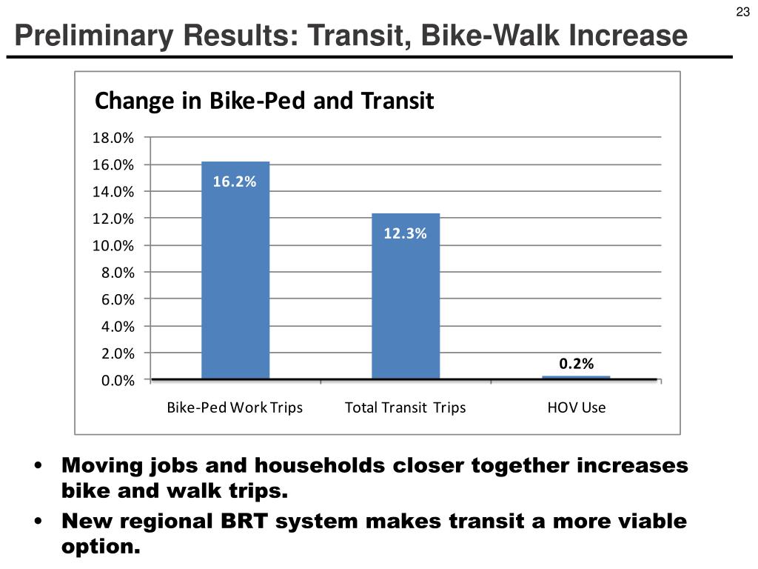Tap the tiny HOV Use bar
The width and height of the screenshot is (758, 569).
point(576,377)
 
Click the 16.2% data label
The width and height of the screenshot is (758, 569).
point(235,182)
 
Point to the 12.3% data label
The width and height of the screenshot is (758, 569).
point(405,233)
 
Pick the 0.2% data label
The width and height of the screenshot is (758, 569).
point(576,363)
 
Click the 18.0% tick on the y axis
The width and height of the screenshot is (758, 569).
point(113,138)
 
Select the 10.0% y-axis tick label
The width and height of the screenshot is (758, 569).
point(113,245)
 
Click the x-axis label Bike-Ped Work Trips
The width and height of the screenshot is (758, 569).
point(235,407)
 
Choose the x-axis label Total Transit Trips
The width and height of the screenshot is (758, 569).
point(406,407)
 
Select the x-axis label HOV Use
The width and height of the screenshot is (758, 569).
point(576,407)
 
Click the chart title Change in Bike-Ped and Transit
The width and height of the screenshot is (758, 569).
point(264,101)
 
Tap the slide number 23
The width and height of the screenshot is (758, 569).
point(742,11)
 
